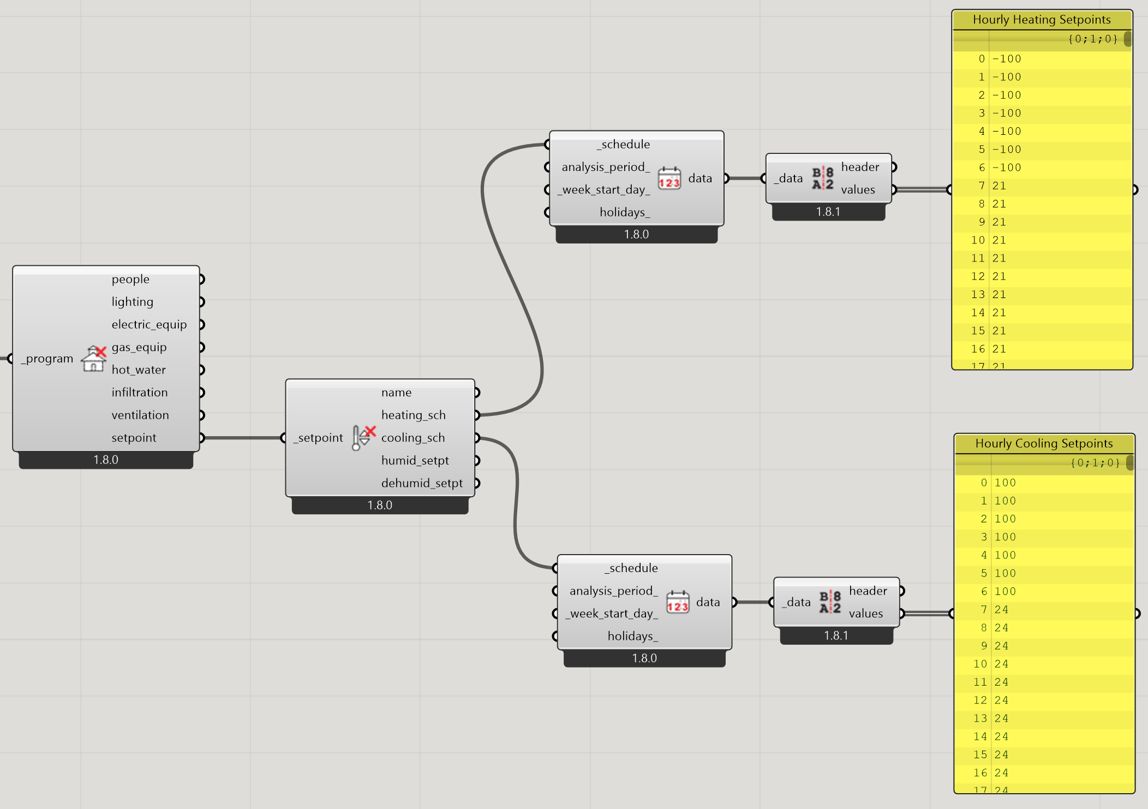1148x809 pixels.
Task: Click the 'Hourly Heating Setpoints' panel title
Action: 1042,20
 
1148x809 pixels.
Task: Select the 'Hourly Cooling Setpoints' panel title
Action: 1044,443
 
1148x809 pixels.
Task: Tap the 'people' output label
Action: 130,279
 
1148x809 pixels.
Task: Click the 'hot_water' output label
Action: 139,370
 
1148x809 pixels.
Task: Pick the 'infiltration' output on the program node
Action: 140,392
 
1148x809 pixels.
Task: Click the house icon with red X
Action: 94,358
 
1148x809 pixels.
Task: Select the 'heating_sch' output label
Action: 414,415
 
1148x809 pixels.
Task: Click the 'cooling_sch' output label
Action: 413,438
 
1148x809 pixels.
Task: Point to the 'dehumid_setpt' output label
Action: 422,483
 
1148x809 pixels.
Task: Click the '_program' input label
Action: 47,359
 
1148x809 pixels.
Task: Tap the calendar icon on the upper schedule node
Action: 669,178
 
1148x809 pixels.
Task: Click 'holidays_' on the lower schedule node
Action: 633,636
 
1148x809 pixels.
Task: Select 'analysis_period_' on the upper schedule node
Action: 606,167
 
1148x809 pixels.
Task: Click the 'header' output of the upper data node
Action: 860,167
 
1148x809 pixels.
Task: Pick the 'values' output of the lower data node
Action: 866,614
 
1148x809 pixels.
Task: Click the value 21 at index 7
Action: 999,186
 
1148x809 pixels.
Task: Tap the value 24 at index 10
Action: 1001,664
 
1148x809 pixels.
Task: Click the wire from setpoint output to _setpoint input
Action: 242,438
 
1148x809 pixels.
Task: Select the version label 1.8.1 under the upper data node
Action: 828,212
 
